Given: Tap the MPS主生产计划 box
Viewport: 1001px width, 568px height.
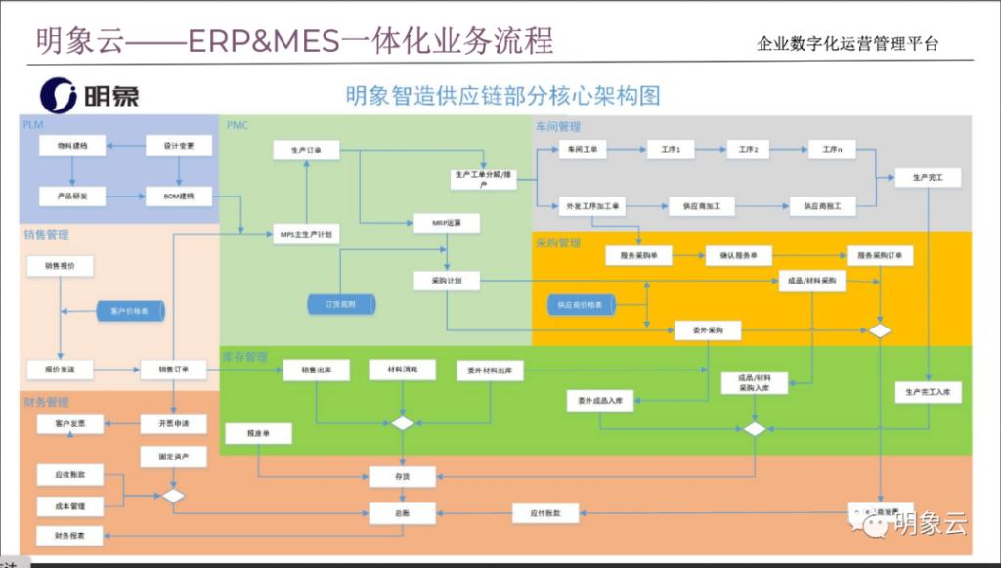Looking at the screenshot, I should (x=306, y=235).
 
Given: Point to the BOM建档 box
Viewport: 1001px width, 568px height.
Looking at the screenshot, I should (x=179, y=196).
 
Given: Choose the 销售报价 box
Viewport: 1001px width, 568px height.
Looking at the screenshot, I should (x=61, y=266).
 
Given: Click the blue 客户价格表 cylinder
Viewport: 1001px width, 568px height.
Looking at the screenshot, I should (x=131, y=311).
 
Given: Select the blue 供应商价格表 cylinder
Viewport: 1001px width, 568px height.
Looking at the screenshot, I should (x=581, y=305).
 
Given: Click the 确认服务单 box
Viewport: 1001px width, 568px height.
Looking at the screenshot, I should (x=738, y=255).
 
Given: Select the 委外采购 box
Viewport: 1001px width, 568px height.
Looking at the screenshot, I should (x=708, y=331).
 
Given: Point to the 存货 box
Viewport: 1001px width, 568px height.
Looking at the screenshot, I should (x=401, y=476).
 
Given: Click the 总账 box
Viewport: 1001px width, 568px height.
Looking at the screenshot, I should (x=401, y=510).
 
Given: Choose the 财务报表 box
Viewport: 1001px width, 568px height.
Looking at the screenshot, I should (x=71, y=536).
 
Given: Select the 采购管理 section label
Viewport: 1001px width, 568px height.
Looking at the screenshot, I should (x=558, y=242).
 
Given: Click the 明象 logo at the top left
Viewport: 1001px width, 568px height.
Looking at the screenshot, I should (x=91, y=95).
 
